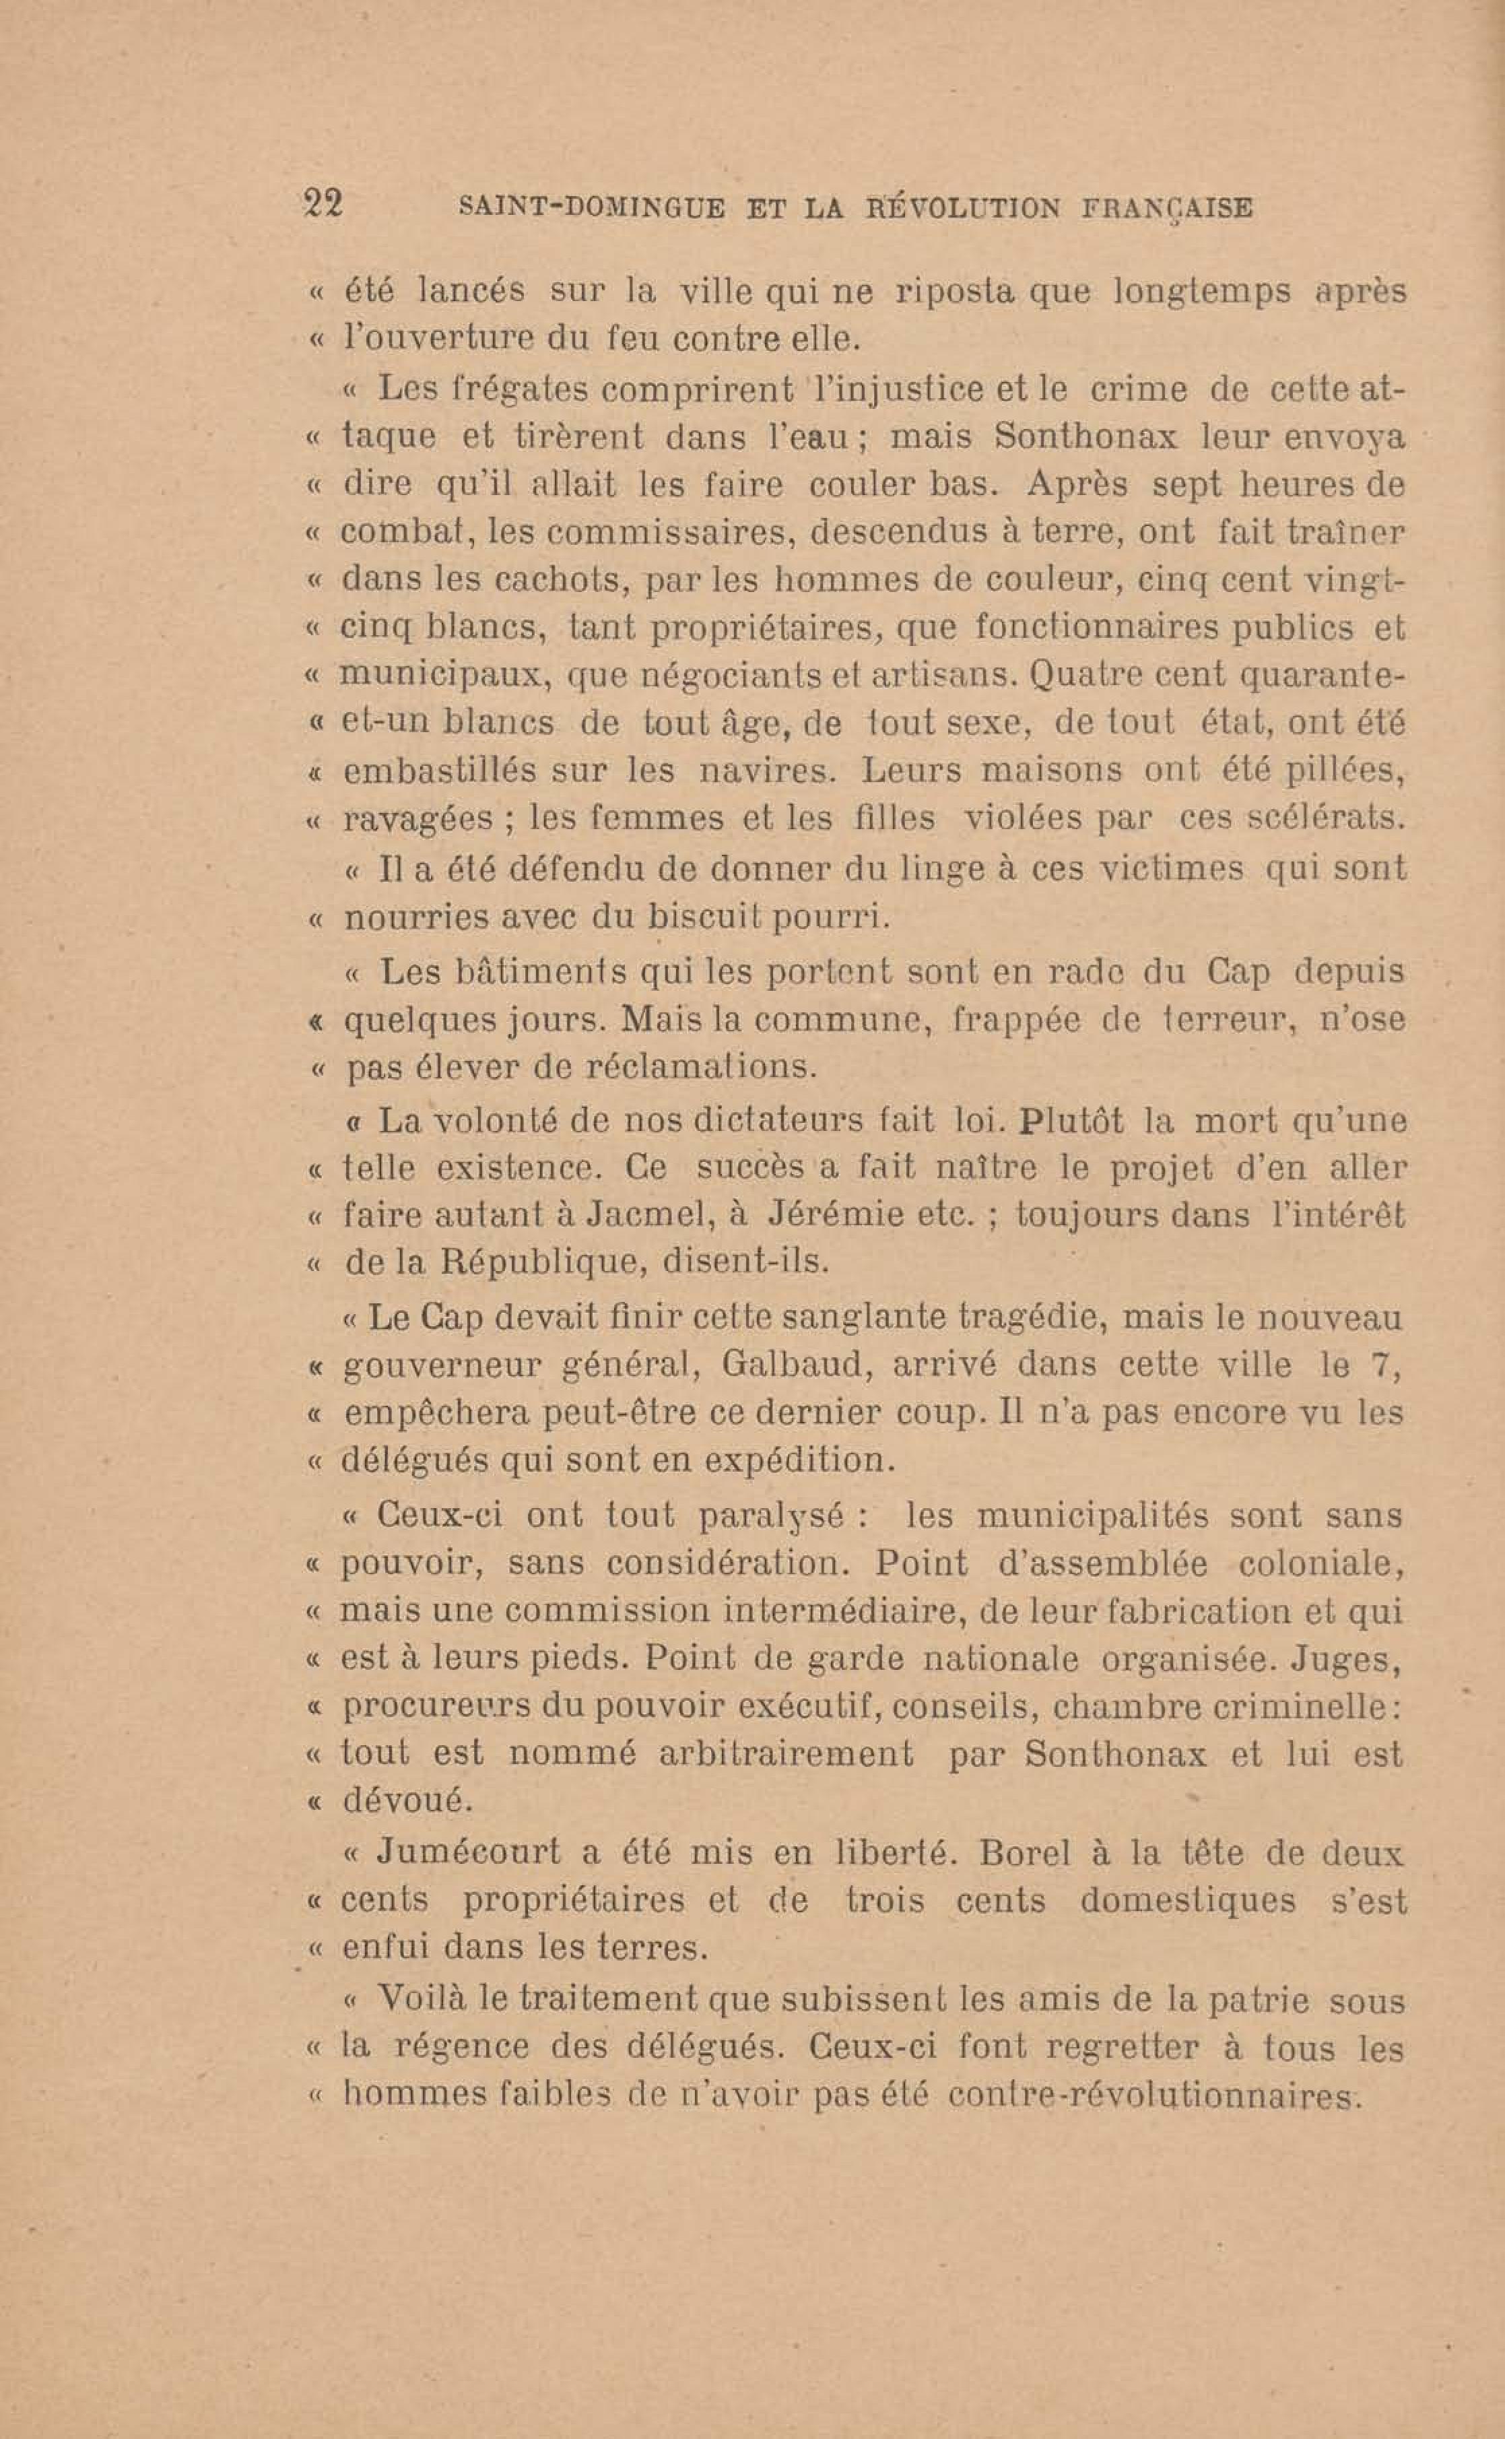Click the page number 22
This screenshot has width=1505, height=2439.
[x=323, y=204]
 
